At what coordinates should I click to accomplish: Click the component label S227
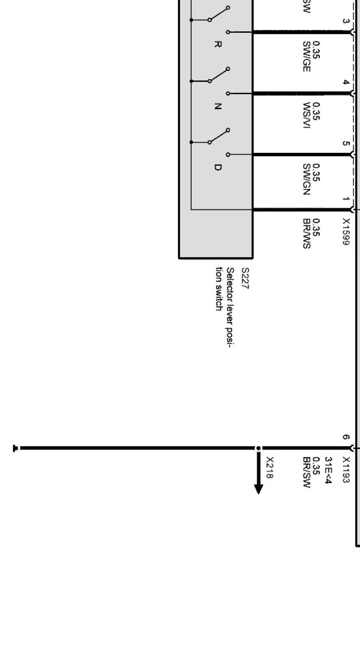point(245,278)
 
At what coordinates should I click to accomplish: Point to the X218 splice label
point(270,468)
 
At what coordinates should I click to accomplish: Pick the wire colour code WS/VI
point(306,115)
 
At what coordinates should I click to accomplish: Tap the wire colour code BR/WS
point(306,233)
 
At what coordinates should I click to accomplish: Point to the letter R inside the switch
point(218,44)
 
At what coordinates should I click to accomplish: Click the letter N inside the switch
point(218,106)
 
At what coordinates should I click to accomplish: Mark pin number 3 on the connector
point(345,21)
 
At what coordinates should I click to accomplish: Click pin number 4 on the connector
point(345,82)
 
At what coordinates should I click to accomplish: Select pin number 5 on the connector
point(345,143)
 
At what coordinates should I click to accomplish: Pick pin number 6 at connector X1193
point(345,437)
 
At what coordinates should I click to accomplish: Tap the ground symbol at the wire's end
point(16,448)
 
